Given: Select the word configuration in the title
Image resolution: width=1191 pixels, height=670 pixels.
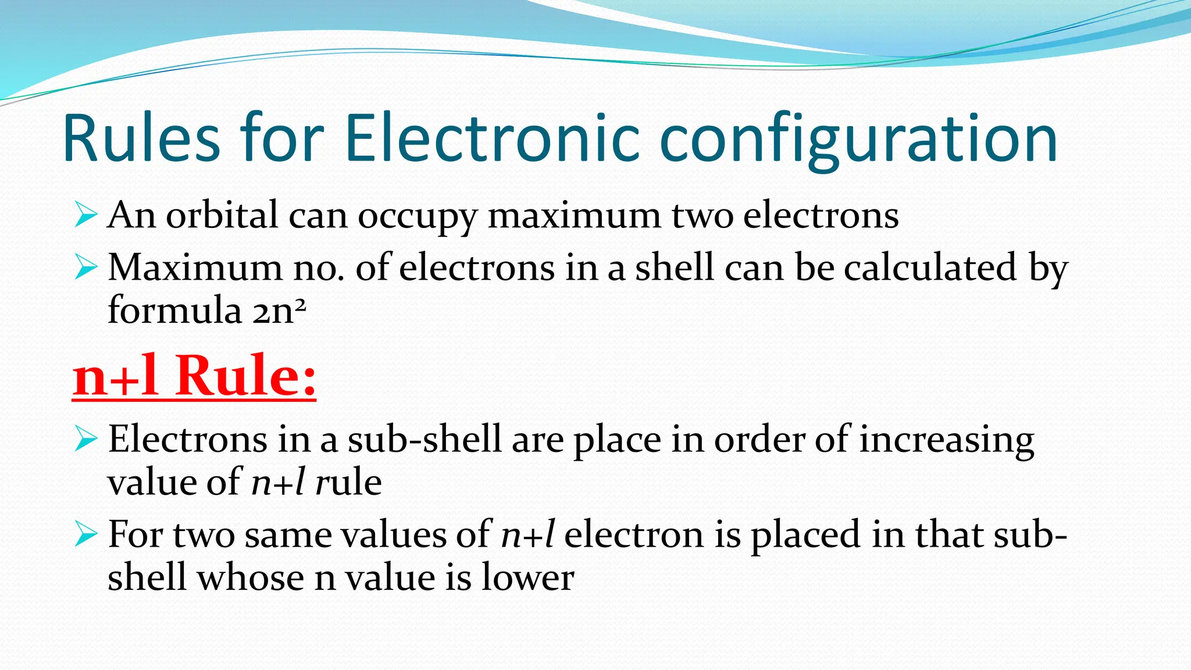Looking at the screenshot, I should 858,142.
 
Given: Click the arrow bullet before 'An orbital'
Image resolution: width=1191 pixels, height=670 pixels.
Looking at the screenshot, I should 85,216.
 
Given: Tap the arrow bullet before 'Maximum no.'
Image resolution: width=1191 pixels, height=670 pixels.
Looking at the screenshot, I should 85,268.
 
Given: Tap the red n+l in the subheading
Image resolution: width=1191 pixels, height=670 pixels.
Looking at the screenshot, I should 116,377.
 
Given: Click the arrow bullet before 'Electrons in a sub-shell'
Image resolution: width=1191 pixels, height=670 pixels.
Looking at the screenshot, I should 85,440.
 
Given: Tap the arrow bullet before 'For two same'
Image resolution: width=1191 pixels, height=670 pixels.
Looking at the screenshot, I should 85,535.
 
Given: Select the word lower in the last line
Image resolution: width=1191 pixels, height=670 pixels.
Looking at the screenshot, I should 527,578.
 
